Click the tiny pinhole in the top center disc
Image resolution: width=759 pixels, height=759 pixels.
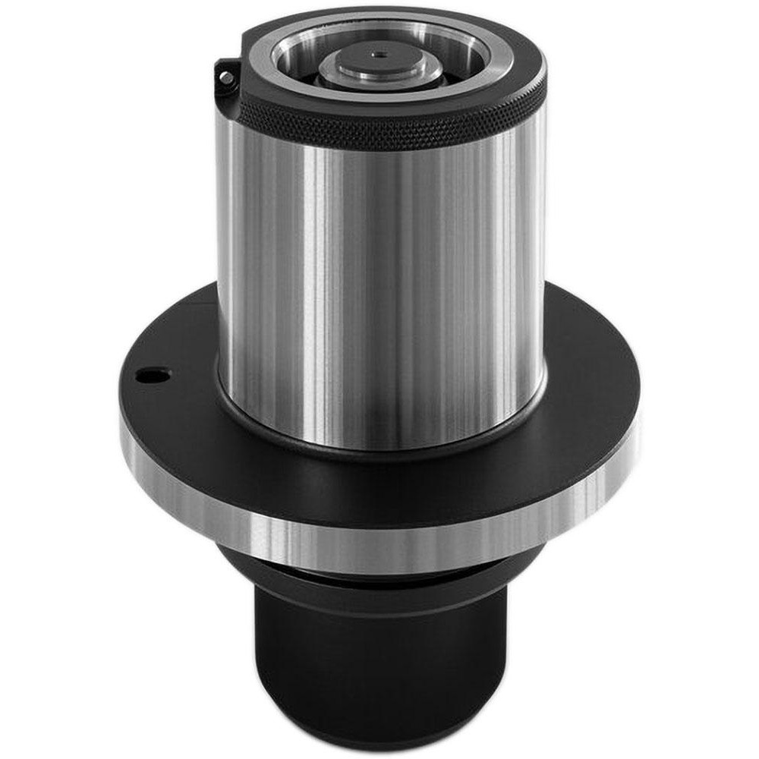(377, 55)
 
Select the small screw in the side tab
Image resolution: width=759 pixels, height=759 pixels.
(225, 77)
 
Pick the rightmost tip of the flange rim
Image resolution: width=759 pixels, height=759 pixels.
(639, 425)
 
